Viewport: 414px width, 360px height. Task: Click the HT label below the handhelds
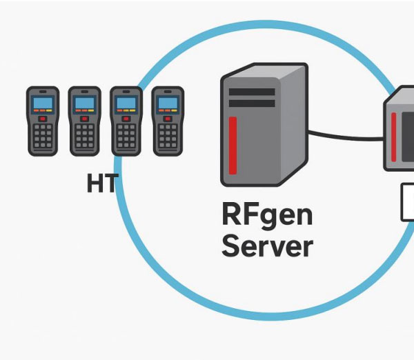(x=103, y=183)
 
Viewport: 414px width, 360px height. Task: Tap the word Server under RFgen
(x=267, y=246)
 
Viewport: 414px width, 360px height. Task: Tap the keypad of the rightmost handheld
(x=167, y=138)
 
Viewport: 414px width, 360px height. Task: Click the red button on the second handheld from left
(x=84, y=119)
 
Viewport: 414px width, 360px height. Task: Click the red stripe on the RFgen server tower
(x=233, y=146)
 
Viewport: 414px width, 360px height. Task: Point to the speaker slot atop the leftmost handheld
(x=43, y=92)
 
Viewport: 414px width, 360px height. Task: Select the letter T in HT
(x=111, y=183)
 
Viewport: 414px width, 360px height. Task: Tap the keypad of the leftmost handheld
(x=43, y=138)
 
